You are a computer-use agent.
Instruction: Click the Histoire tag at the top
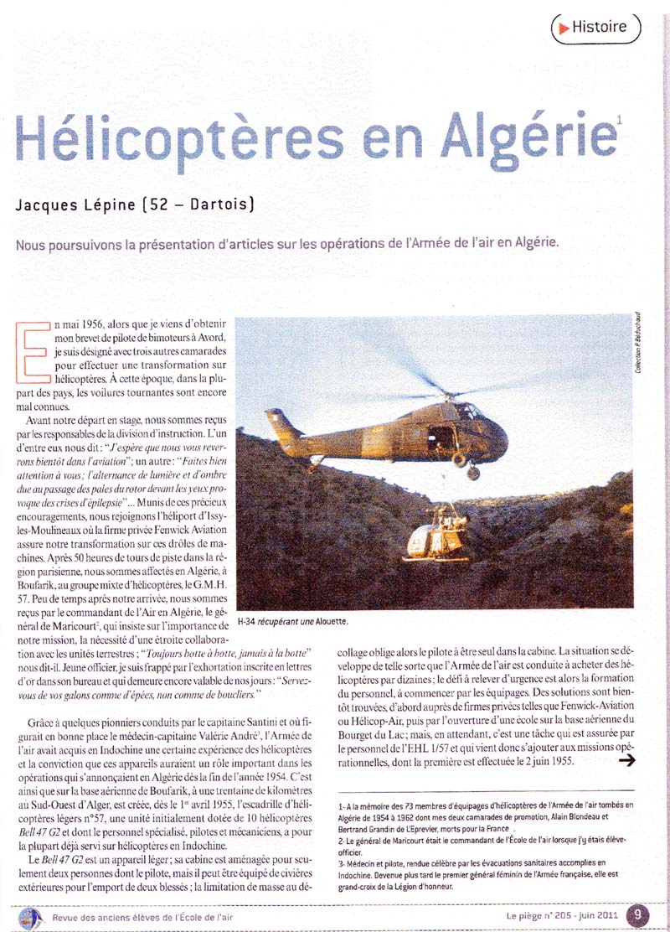[595, 28]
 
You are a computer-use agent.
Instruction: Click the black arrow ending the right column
[624, 760]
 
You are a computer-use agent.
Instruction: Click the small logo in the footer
[30, 914]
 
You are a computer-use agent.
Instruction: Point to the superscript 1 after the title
[618, 120]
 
